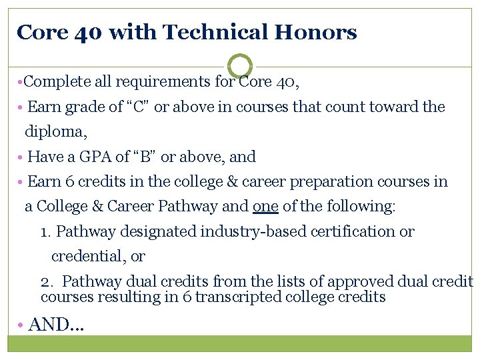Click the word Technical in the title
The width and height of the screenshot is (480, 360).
click(x=218, y=32)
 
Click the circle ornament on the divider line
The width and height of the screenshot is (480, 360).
click(x=240, y=66)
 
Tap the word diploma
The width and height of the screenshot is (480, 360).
click(x=55, y=131)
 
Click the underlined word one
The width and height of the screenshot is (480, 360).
click(x=265, y=206)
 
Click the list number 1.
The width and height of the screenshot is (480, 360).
click(x=45, y=231)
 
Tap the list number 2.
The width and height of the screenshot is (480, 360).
click(x=46, y=281)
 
